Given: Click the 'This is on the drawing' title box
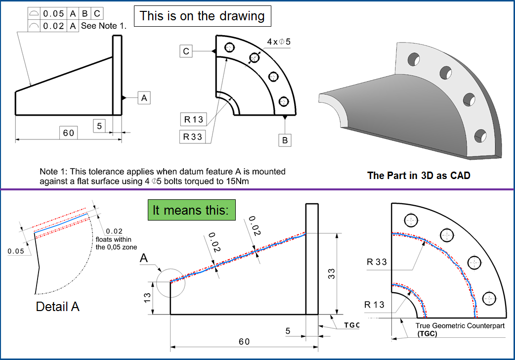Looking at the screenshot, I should (203, 16).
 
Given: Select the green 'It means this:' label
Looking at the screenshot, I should (191, 210).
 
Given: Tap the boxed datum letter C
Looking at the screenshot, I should (186, 51).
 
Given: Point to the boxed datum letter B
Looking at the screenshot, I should (285, 140).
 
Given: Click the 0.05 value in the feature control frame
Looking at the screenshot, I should (53, 14).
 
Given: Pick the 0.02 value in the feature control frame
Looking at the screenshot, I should (53, 26).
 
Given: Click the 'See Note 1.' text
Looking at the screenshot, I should (104, 26).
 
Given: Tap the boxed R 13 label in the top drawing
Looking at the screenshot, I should (193, 120).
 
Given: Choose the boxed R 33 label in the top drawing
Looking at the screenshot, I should (193, 137).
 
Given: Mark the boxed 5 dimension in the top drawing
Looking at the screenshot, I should (99, 126).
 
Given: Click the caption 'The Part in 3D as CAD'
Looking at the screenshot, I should (418, 175).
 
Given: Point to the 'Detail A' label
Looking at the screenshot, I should (58, 307).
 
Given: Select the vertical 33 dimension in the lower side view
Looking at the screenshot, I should (332, 273).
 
